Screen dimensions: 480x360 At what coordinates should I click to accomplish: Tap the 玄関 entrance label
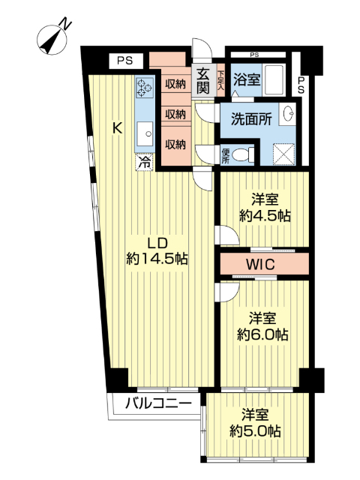click(203, 80)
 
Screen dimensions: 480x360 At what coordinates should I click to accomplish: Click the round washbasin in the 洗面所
click(289, 115)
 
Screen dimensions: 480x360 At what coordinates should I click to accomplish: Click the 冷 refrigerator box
click(143, 160)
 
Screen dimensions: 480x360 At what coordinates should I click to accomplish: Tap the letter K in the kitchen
click(117, 127)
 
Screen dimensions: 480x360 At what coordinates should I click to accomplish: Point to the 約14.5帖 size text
click(156, 259)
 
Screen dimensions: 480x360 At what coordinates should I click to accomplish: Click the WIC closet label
click(261, 265)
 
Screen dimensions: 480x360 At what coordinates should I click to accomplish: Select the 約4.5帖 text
click(265, 216)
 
